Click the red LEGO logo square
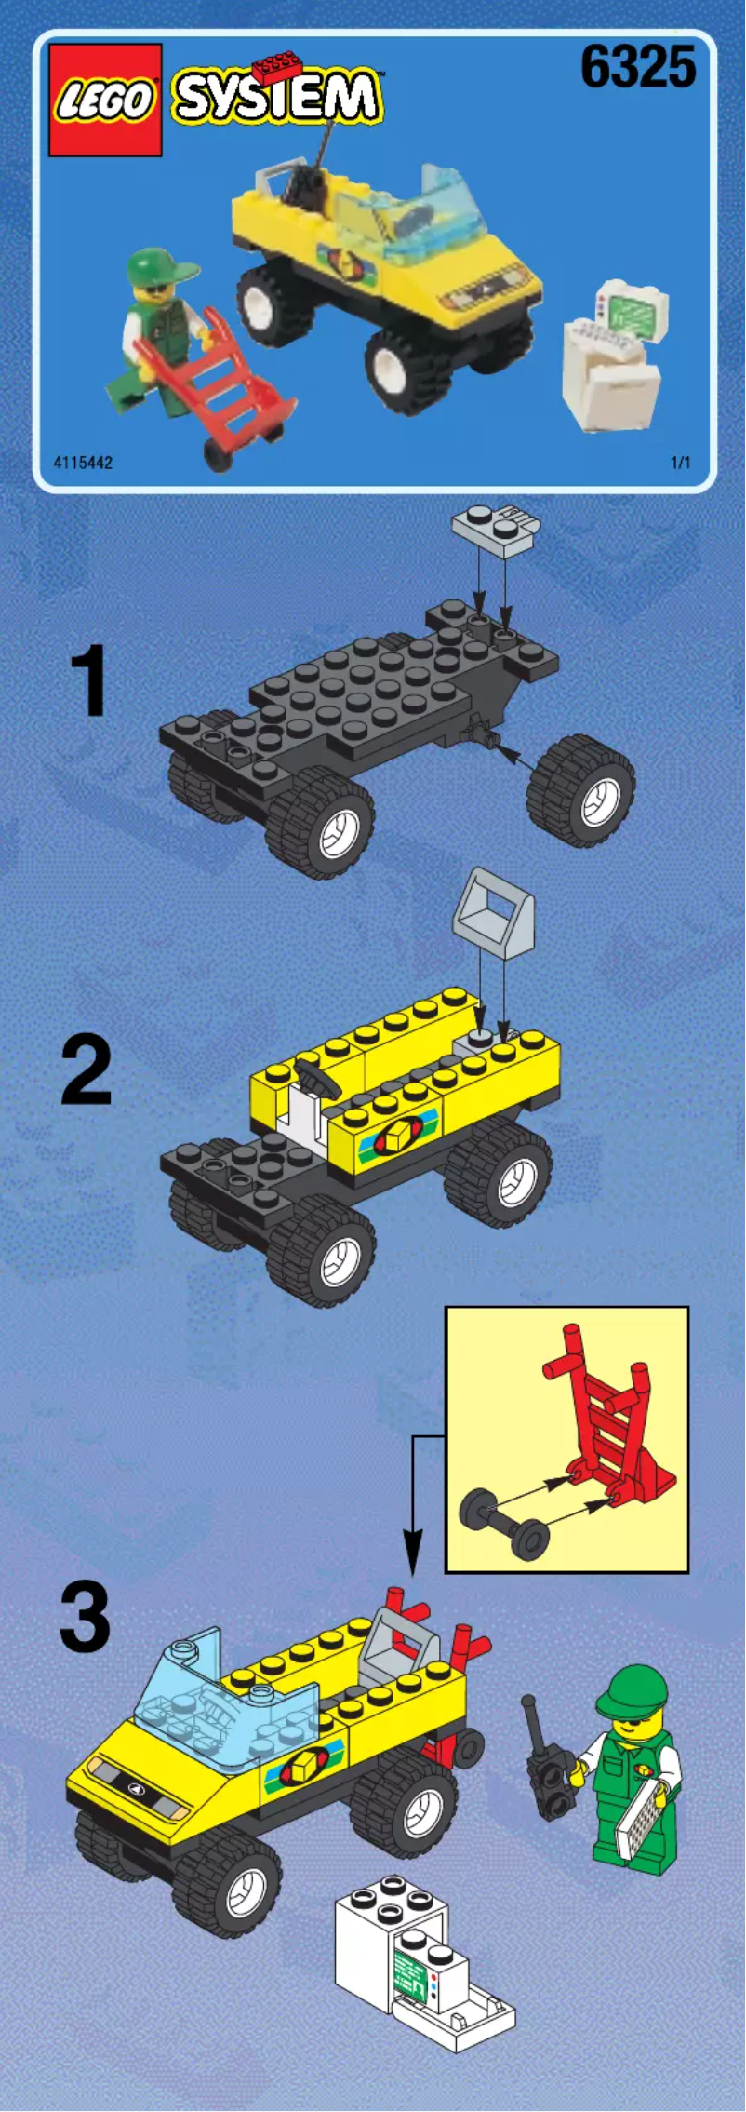point(105,100)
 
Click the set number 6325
point(638,68)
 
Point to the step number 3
point(85,1620)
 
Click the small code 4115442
point(83,463)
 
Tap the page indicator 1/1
point(681,463)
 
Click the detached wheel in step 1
point(581,790)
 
